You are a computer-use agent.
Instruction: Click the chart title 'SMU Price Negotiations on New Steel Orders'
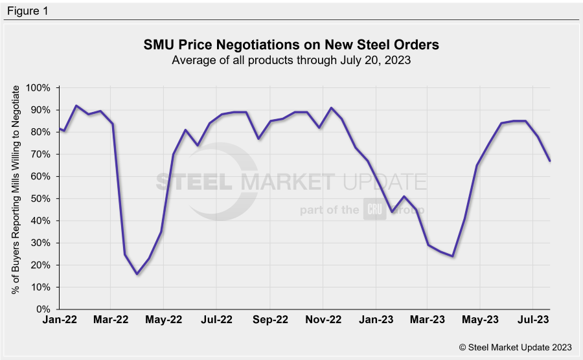[x=291, y=45]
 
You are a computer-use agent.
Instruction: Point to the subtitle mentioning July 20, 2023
[x=291, y=60]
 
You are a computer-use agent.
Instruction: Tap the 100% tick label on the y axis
[x=38, y=87]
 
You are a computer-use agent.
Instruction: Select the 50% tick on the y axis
[x=41, y=198]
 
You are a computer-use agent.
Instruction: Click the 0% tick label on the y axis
[x=43, y=309]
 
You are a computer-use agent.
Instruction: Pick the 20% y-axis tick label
[x=41, y=265]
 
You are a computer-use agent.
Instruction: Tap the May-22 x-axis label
[x=163, y=320]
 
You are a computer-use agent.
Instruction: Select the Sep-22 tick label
[x=269, y=320]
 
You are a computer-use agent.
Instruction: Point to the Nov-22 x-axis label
[x=323, y=320]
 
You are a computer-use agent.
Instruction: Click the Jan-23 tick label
[x=375, y=320]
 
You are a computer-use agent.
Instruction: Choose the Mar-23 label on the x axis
[x=426, y=320]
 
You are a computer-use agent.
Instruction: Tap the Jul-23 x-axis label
[x=532, y=320]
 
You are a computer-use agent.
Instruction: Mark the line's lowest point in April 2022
[x=137, y=274]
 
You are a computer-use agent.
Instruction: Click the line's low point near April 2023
[x=453, y=256]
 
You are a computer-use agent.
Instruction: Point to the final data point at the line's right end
[x=550, y=161]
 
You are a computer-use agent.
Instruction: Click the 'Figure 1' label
[x=27, y=11]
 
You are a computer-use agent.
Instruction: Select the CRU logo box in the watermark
[x=375, y=210]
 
